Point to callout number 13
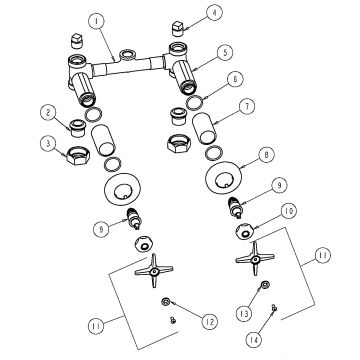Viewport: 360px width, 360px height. point(242,313)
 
